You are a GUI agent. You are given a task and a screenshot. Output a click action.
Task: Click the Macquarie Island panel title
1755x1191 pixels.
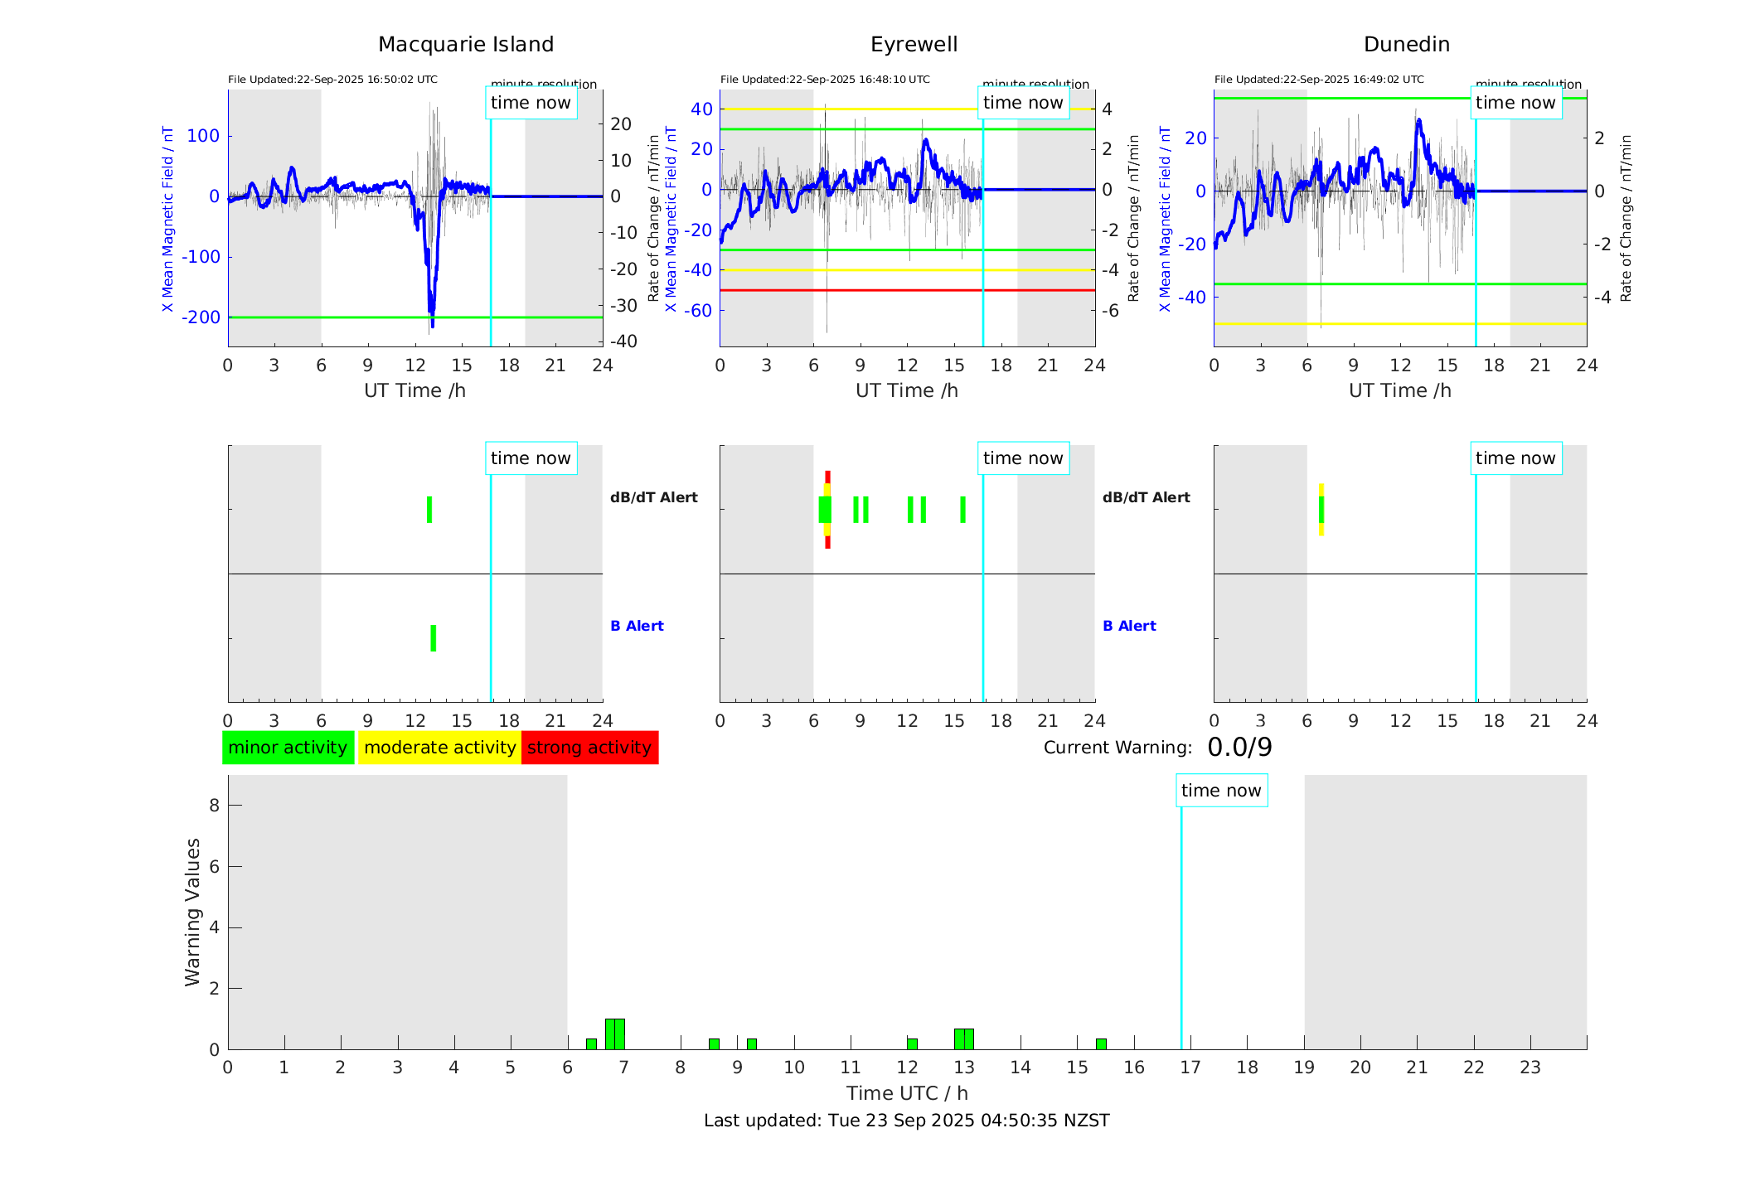465,45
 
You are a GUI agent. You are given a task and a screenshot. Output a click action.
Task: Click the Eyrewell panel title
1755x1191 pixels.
914,45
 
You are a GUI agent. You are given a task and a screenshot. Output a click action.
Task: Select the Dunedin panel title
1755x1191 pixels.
1406,45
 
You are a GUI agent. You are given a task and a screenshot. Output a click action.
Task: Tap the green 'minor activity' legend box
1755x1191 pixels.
288,748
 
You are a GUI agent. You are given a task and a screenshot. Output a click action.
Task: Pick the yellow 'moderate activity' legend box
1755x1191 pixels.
439,748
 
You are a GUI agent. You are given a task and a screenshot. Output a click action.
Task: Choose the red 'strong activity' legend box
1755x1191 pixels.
589,748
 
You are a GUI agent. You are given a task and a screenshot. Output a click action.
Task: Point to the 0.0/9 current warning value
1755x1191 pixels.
1239,748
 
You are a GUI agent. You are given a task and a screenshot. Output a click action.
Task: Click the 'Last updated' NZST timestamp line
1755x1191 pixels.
906,1121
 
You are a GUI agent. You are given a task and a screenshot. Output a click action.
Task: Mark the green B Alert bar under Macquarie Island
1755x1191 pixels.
434,638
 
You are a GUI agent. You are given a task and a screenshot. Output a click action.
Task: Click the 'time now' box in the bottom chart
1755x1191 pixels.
1221,791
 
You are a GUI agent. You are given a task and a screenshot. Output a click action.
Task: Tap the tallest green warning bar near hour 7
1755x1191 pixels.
615,1034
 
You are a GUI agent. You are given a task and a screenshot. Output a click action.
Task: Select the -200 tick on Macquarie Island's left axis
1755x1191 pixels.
201,317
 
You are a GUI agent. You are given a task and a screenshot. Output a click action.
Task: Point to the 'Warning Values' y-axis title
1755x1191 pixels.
192,912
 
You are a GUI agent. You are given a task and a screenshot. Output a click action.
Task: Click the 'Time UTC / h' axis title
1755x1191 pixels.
907,1093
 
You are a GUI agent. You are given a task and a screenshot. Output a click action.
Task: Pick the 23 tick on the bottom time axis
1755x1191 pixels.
1530,1068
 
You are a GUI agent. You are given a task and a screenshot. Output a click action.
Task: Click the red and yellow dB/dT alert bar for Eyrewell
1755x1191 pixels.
827,510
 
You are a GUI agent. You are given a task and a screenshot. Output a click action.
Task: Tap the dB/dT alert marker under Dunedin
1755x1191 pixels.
1321,510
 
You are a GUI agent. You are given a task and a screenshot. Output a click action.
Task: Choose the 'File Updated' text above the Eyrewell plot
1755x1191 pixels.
825,80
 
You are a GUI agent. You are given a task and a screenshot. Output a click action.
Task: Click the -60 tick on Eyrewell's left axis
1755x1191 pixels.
701,311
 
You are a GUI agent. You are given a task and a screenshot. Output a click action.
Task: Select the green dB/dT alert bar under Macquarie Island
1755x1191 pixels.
429,510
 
